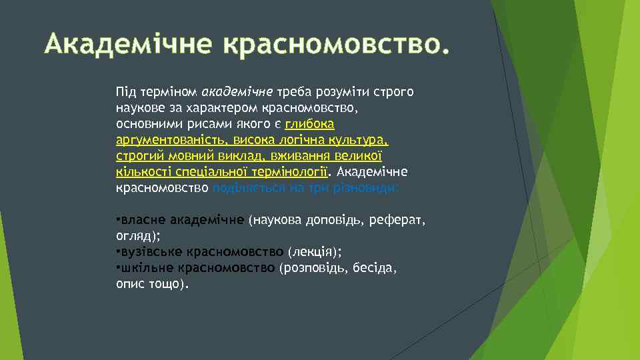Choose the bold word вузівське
[151, 252]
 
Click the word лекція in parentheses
[313, 252]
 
